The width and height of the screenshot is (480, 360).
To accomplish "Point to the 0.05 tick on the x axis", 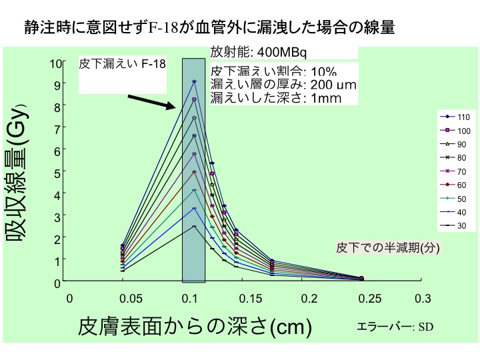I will pyautogui.click(x=123, y=299).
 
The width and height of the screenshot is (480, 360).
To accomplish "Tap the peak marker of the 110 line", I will pyautogui.click(x=194, y=81).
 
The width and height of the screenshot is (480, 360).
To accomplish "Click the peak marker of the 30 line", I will pyautogui.click(x=194, y=227).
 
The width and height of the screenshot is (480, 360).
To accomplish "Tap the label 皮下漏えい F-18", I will pyautogui.click(x=122, y=64).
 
